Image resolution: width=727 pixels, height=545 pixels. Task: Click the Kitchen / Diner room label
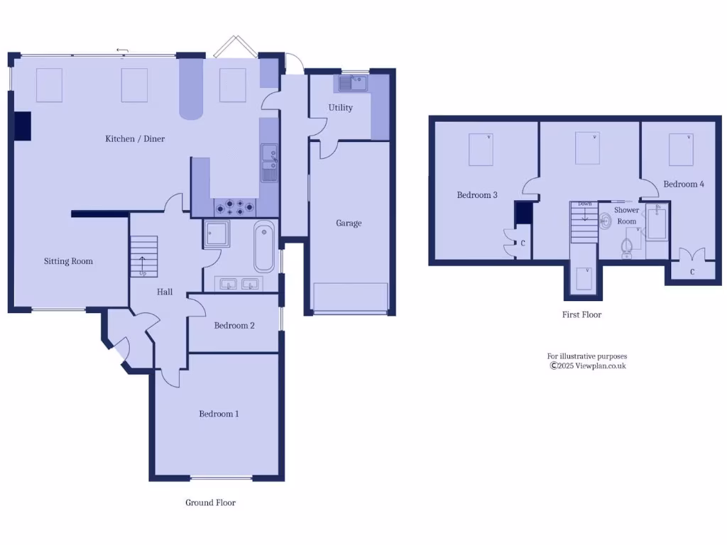[x=135, y=138]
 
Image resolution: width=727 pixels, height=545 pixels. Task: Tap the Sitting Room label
[x=68, y=261]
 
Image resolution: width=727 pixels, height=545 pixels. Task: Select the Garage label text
[x=349, y=223]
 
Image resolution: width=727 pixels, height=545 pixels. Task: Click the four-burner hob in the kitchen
[x=235, y=207]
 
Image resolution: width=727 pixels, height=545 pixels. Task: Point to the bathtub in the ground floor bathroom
[x=263, y=246]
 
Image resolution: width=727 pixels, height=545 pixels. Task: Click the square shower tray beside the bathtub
[x=216, y=233]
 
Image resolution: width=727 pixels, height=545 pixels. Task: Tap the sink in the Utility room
[x=352, y=84]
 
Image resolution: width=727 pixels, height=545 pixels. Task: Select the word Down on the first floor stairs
[x=584, y=204]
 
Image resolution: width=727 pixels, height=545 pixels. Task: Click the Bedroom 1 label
[x=219, y=414]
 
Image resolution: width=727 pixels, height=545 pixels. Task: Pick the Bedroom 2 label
[x=234, y=326]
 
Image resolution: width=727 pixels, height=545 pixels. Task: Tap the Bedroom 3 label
[x=476, y=194]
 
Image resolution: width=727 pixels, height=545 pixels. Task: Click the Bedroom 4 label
[x=684, y=184]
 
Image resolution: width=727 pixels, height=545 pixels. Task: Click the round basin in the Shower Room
[x=606, y=221]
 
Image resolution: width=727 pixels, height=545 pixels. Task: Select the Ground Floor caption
[x=210, y=502]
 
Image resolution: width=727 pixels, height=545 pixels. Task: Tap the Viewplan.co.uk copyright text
[x=587, y=366]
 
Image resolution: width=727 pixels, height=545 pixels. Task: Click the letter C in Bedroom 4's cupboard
[x=692, y=271]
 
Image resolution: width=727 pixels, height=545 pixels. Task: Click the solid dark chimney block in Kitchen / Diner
[x=23, y=126]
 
